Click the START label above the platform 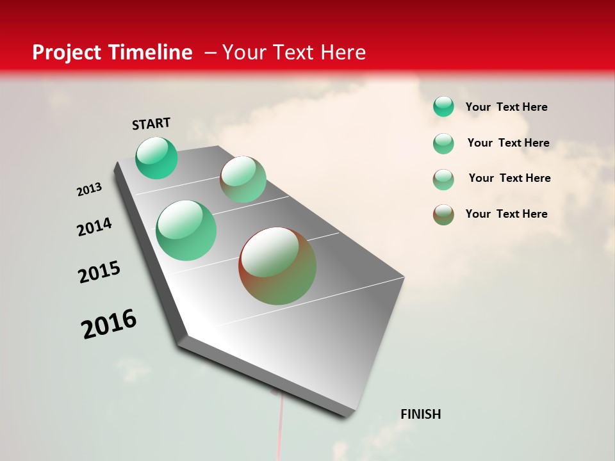pyautogui.click(x=151, y=124)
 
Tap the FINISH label pyautogui.click(x=420, y=414)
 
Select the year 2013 pyautogui.click(x=90, y=190)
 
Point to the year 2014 pyautogui.click(x=95, y=227)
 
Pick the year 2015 pyautogui.click(x=99, y=272)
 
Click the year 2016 pyautogui.click(x=109, y=324)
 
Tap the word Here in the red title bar pyautogui.click(x=343, y=53)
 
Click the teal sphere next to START pyautogui.click(x=156, y=158)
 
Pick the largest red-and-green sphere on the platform pyautogui.click(x=277, y=266)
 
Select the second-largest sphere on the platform pyautogui.click(x=186, y=230)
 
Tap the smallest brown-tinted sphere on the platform pyautogui.click(x=243, y=179)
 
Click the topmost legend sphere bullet pyautogui.click(x=443, y=107)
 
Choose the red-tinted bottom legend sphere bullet pyautogui.click(x=443, y=214)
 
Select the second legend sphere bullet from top pyautogui.click(x=443, y=143)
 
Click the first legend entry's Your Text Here pyautogui.click(x=506, y=107)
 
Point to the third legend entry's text pyautogui.click(x=509, y=178)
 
